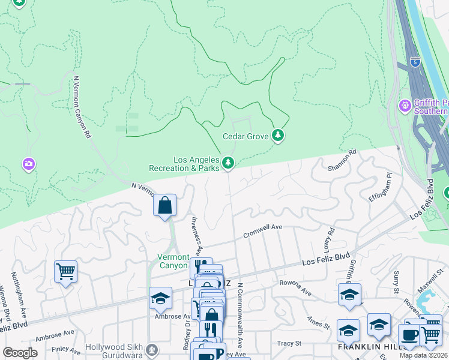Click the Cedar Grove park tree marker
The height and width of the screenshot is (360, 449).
tap(277, 136)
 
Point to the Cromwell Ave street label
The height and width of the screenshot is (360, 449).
tap(262, 232)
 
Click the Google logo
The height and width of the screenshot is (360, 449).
tap(20, 353)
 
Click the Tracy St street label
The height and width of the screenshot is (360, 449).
tap(289, 343)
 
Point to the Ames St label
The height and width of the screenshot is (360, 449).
tap(318, 323)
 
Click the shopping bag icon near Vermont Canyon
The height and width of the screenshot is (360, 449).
tap(164, 206)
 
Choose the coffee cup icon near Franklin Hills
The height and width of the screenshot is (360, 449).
tap(410, 335)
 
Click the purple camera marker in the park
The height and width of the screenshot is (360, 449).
tap(28, 164)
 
